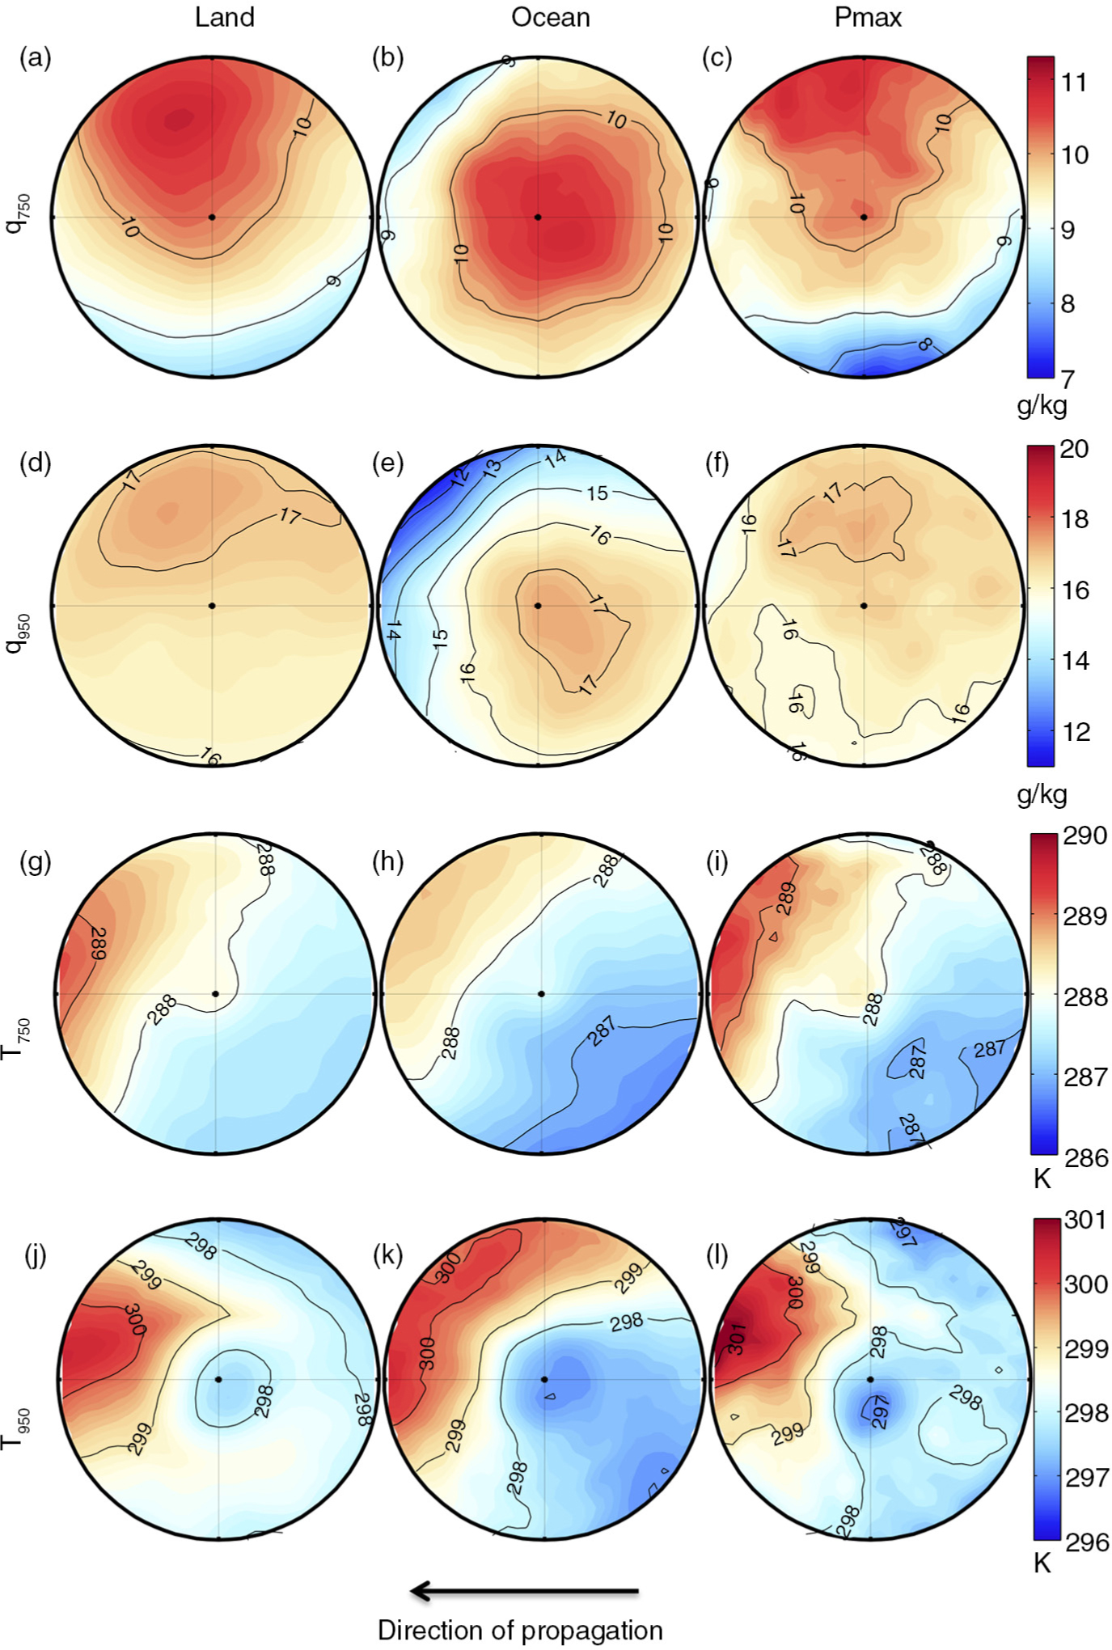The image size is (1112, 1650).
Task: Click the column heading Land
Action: coord(224,17)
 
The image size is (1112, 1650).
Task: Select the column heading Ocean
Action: coord(550,17)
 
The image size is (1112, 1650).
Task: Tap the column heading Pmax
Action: coord(868,17)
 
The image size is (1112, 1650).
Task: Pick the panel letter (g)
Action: coord(35,862)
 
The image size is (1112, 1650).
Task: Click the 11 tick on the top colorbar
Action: coord(1074,82)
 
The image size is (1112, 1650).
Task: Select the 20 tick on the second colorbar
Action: coord(1074,449)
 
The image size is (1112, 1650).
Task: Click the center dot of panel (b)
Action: coord(538,217)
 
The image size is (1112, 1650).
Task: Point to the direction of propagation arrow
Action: coord(525,1592)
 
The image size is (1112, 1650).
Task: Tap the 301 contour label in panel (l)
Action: coord(737,1339)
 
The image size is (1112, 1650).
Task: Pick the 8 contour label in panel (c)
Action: coord(925,345)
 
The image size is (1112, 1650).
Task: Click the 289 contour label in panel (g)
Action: coord(97,943)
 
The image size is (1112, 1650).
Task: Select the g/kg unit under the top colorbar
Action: coord(1042,404)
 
